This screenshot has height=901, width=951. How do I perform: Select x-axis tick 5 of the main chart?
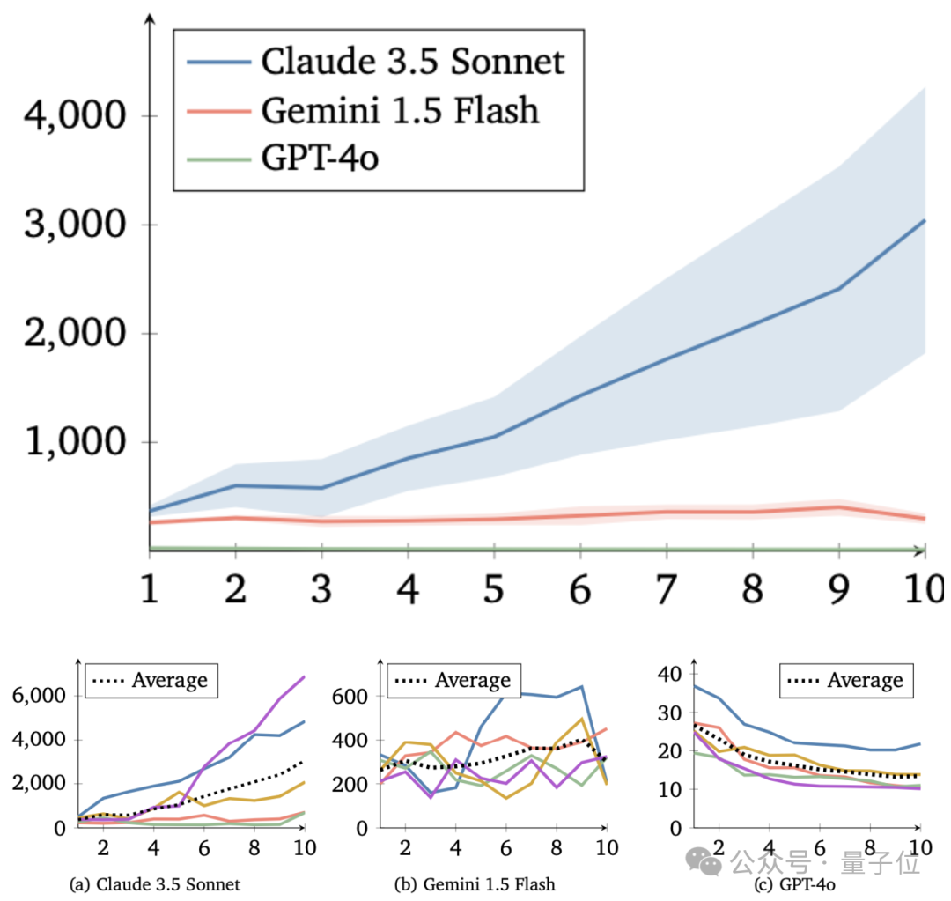[494, 589]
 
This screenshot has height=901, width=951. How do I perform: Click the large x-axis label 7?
[667, 589]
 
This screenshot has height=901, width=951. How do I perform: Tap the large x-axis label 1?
[150, 589]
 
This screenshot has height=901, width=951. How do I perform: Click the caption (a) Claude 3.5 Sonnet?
[155, 883]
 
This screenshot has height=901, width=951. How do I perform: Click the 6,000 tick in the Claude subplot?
[39, 696]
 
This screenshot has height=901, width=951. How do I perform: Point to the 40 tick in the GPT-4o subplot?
[671, 675]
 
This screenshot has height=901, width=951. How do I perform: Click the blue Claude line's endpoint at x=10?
[925, 220]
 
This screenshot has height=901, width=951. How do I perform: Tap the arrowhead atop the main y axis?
[150, 18]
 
